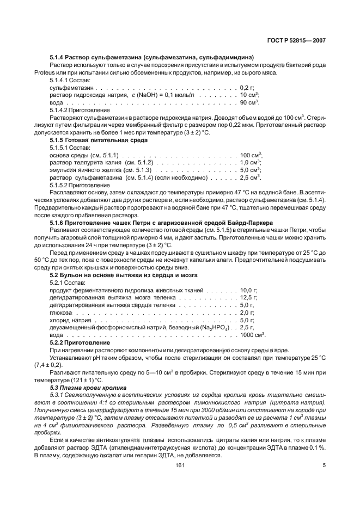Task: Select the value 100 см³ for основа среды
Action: coord(251,155)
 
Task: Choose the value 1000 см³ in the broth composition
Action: coord(252,335)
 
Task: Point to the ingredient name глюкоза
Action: coord(60,313)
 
